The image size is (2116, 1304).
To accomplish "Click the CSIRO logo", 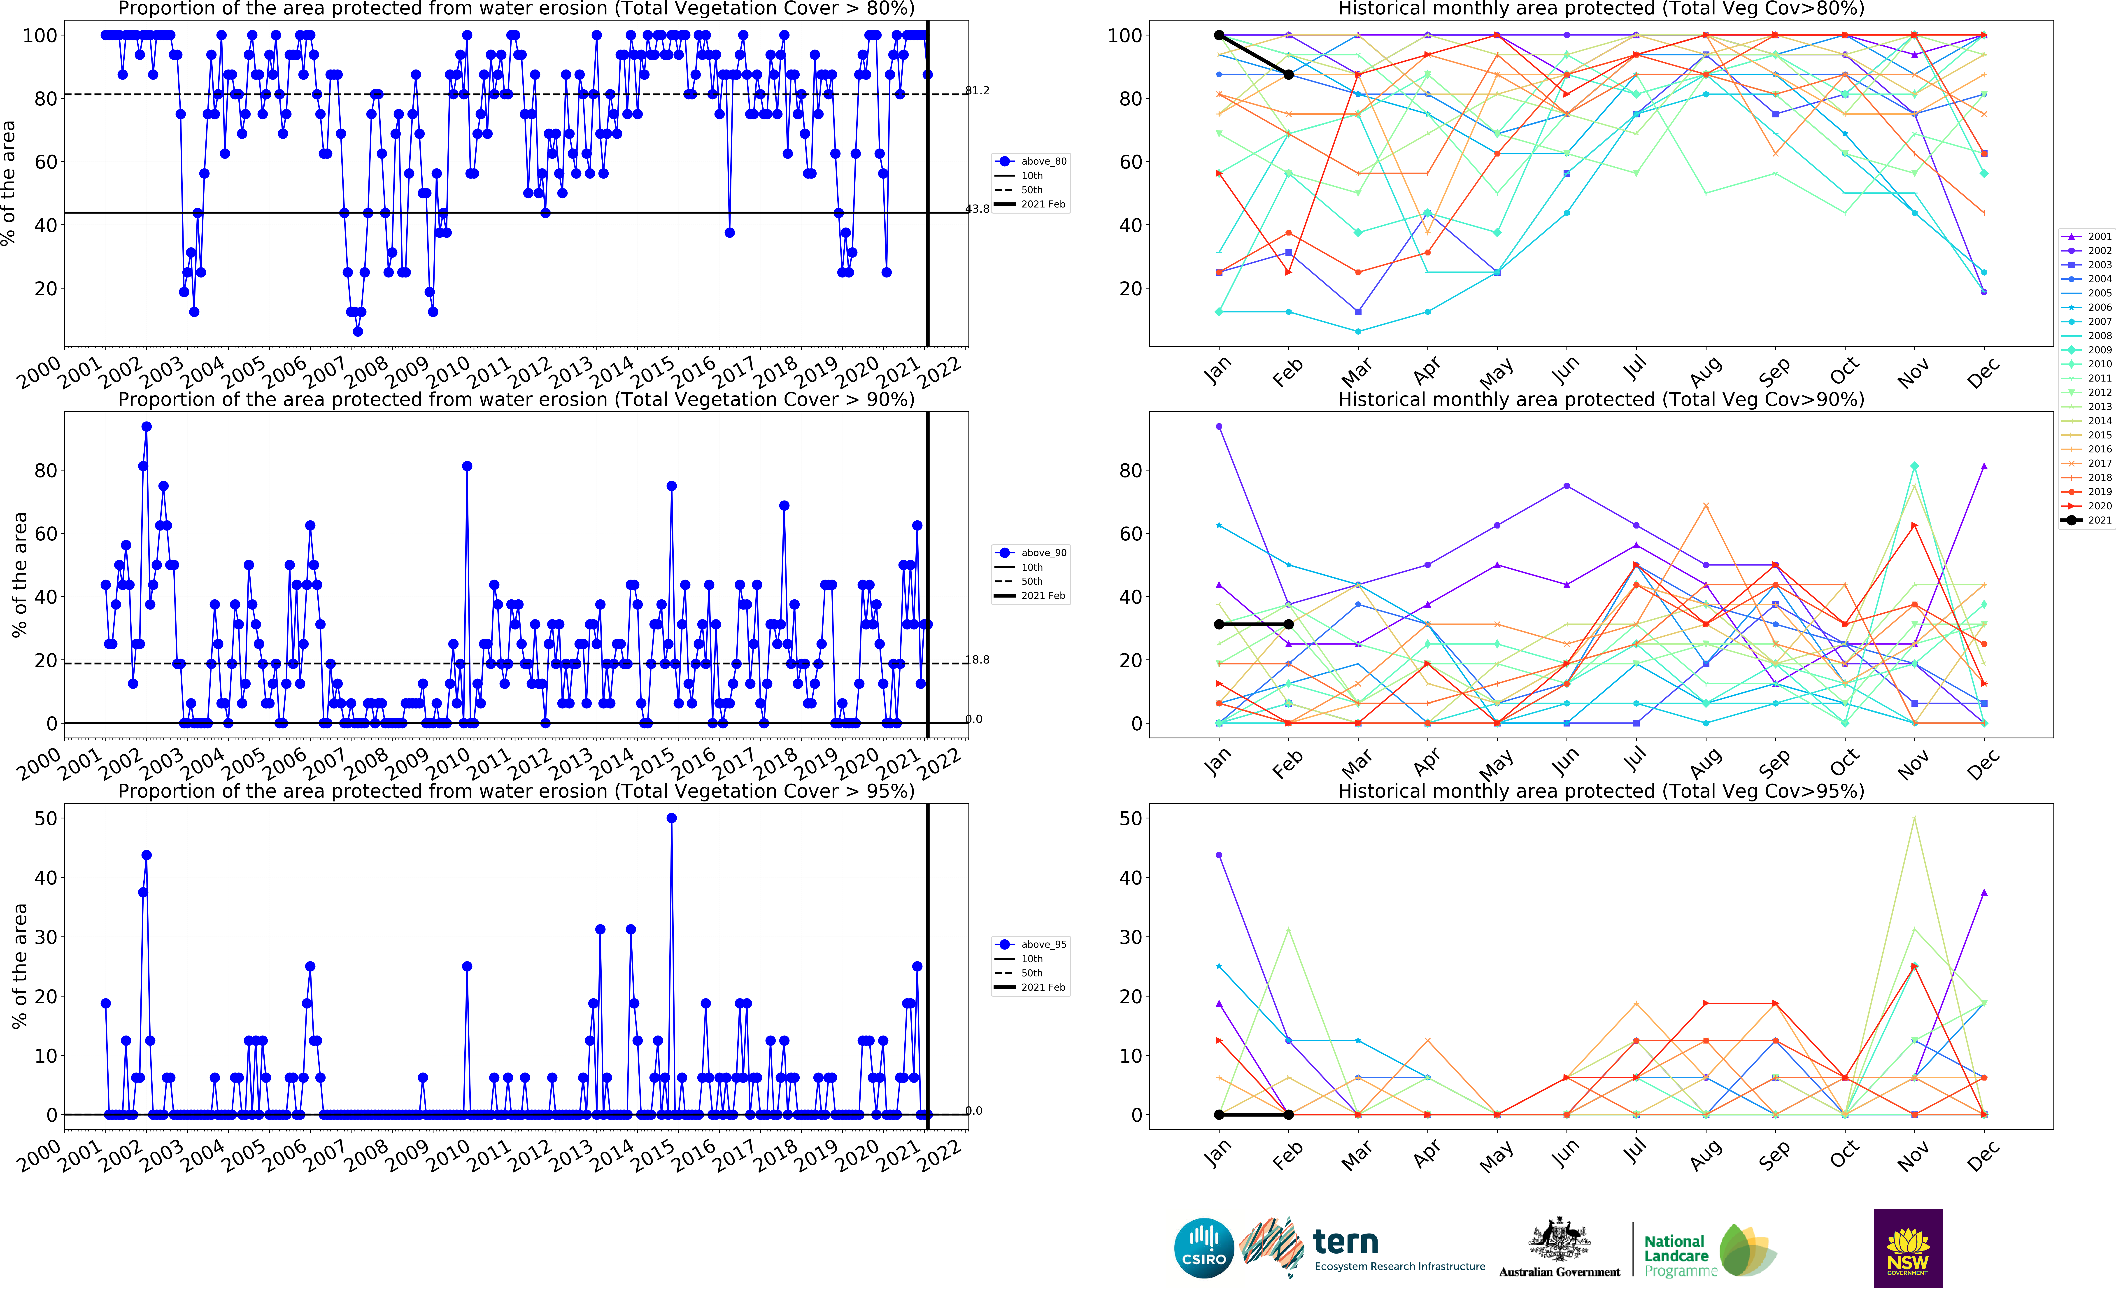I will click(1204, 1248).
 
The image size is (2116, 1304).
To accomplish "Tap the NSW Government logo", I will click(1907, 1248).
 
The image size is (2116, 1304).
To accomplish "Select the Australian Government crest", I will click(1559, 1239).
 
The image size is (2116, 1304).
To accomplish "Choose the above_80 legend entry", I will click(1033, 161).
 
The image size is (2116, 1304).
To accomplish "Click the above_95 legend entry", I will click(1033, 944).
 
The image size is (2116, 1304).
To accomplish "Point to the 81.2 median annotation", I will click(977, 91).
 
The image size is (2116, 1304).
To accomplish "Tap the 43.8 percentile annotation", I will click(977, 209).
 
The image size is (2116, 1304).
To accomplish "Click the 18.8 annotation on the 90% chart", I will click(977, 660).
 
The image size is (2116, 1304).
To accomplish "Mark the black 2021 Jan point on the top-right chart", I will click(1218, 35).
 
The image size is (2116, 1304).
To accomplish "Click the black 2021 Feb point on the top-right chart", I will click(1288, 75).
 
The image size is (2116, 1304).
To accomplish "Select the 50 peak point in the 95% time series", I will click(672, 818).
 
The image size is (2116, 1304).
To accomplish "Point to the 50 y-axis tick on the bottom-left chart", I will click(46, 818).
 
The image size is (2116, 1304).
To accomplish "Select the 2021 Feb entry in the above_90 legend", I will click(1033, 596).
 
